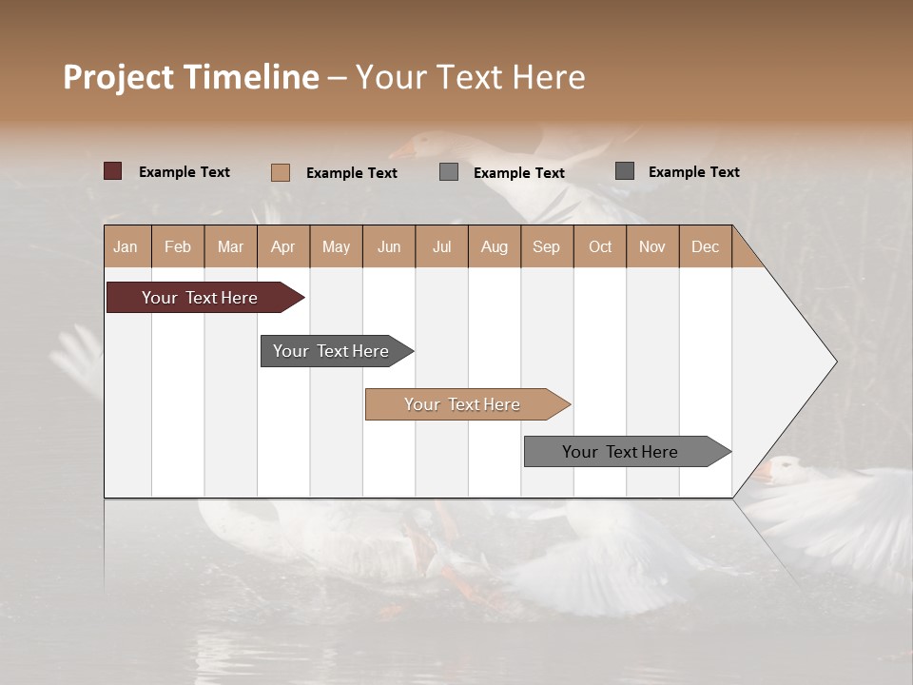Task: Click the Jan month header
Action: (126, 246)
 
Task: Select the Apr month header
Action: (283, 246)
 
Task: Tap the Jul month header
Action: (441, 246)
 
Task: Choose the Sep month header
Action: (547, 246)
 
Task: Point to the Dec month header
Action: (705, 246)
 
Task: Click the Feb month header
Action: (178, 246)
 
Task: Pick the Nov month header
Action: (652, 246)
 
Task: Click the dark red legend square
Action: (112, 171)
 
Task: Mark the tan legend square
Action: (280, 172)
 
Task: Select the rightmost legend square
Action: (625, 171)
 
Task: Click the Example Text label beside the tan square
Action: (351, 173)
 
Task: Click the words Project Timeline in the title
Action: (190, 77)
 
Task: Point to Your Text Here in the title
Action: (470, 77)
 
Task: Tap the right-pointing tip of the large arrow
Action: (834, 362)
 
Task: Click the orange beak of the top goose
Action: (400, 150)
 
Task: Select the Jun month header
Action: (389, 246)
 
